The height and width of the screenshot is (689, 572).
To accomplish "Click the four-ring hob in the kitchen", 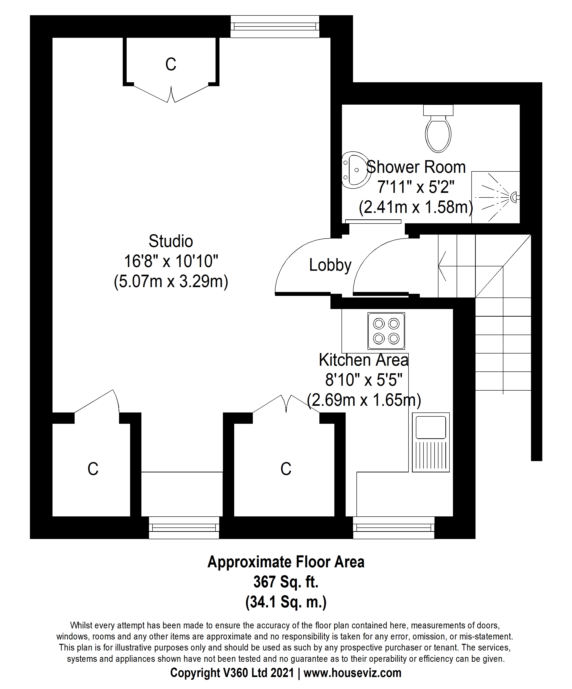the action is click(386, 331).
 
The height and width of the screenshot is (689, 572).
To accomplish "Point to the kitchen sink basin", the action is click(431, 427).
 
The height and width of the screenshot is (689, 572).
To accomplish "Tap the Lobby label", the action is click(330, 265).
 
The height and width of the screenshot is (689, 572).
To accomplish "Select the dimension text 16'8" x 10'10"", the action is click(171, 262).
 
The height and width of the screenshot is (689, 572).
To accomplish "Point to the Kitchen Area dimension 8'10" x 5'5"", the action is click(364, 380).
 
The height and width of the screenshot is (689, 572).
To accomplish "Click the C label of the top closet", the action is click(171, 64).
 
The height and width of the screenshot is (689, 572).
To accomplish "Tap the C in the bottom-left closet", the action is click(93, 469).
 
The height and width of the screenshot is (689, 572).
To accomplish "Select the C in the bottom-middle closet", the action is click(286, 469).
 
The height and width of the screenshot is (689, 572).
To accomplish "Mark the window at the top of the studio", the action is click(275, 26).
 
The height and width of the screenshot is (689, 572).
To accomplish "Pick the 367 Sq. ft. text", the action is click(286, 582).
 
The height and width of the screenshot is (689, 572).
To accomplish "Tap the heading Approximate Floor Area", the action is click(286, 562).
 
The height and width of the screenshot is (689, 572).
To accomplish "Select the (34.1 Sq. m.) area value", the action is click(286, 602).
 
